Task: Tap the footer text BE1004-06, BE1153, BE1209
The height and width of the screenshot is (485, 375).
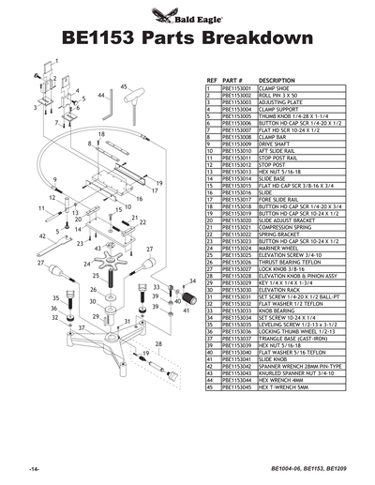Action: [x=302, y=467]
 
